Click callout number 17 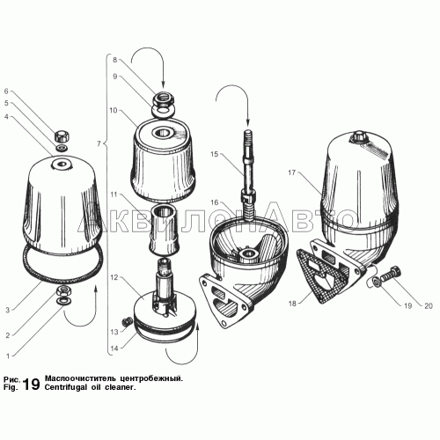click(291, 172)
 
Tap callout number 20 click(429, 306)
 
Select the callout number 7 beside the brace click(99, 143)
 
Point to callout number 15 click(215, 154)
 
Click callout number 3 click(8, 310)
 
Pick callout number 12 click(114, 277)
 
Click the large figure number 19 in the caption click(31, 384)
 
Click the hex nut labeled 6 click(62, 136)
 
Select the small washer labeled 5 click(62, 147)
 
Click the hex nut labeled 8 click(164, 98)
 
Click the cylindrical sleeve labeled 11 click(164, 228)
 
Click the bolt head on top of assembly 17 click(359, 136)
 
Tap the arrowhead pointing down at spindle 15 click(248, 122)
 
